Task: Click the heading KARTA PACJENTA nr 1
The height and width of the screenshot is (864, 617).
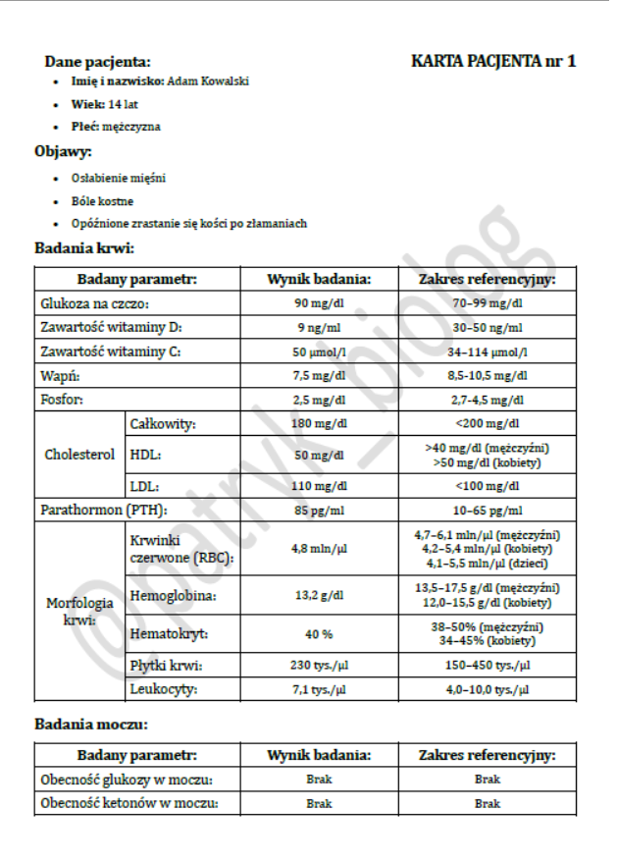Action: (x=492, y=61)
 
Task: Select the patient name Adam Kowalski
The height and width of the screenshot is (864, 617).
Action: (x=208, y=81)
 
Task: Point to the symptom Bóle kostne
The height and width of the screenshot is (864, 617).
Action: (x=102, y=201)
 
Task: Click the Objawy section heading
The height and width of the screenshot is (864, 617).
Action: (x=64, y=151)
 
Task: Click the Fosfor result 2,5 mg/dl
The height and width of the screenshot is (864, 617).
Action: (x=319, y=400)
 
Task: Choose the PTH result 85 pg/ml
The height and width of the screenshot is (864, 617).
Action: (x=319, y=511)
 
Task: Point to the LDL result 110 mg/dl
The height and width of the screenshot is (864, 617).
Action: (x=319, y=486)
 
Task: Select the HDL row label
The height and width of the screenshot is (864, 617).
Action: (x=145, y=456)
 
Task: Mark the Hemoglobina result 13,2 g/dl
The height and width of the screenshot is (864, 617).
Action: (x=319, y=595)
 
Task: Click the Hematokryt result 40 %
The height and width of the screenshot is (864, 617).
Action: (x=319, y=634)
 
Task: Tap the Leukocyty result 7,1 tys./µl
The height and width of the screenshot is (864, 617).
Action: (x=319, y=690)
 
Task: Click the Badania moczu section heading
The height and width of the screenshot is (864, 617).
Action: (x=90, y=725)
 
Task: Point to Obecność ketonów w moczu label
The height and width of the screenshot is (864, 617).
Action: (x=128, y=803)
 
